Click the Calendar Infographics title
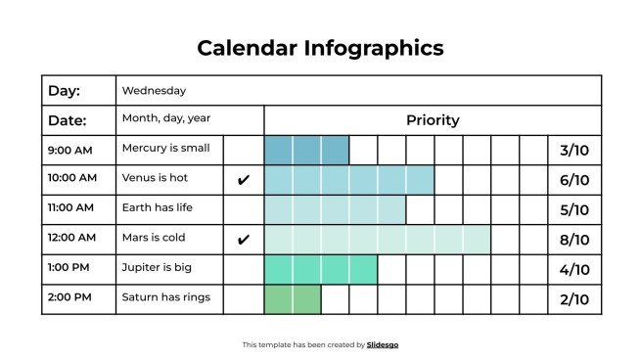pos(320,47)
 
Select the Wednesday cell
pos(154,91)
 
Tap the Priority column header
pos(432,120)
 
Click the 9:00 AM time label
pos(69,150)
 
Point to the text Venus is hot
pos(155,179)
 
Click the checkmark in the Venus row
pos(244,180)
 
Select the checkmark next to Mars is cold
pos(244,239)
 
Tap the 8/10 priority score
pos(573,240)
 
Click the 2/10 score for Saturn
pos(573,299)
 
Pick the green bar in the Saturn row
pos(292,299)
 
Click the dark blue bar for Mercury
pos(306,150)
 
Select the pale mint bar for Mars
pos(377,239)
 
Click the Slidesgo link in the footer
pos(383,344)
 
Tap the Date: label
pos(68,120)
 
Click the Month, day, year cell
pos(165,118)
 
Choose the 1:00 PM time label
pos(69,268)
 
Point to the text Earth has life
pos(160,208)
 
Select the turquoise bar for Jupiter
pos(320,269)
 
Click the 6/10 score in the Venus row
pos(573,180)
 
